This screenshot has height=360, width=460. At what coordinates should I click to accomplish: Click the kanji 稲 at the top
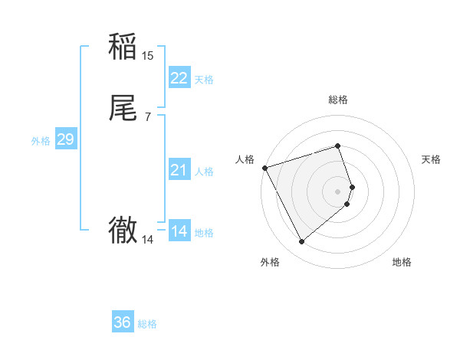pos(123,47)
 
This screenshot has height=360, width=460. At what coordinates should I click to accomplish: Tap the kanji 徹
pos(123,230)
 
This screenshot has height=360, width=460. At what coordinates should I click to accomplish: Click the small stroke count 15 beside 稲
pos(148,55)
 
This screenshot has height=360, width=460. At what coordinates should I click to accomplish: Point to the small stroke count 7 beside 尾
pos(147,117)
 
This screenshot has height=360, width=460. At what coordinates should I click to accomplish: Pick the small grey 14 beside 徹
pos(147,240)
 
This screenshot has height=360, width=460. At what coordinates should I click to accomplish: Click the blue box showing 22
pos(179,78)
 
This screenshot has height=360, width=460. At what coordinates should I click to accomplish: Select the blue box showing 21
pos(179,170)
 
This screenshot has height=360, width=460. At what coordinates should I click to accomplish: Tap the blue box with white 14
pos(179,231)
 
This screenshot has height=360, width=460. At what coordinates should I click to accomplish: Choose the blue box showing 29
pos(65,139)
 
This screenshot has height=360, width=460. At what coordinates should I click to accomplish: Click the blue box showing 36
pos(123,322)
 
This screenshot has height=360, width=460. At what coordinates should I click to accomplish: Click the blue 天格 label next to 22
pos(204,80)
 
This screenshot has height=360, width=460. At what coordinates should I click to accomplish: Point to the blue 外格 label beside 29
pos(41,141)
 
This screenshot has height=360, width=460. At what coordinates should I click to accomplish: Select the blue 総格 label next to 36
pos(147,324)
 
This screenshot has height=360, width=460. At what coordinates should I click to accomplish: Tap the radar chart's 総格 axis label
pos(337,100)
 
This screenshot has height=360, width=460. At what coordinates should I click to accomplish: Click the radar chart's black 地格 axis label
pos(402,262)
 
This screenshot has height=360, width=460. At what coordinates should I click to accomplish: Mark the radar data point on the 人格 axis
pos(264,167)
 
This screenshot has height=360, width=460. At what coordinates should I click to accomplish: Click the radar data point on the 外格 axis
pos(301,241)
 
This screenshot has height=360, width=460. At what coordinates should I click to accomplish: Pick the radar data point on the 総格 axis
pos(337,146)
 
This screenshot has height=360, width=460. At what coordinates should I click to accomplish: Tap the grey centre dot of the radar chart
pos(337,191)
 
